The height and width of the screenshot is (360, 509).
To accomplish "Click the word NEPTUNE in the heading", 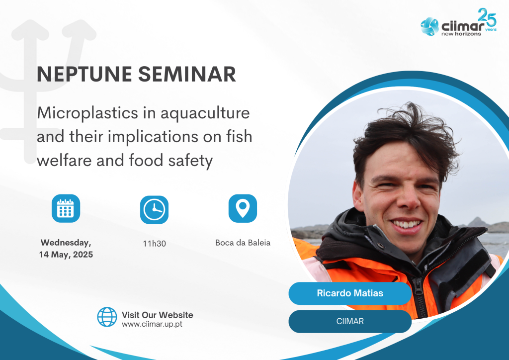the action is pos(85,74).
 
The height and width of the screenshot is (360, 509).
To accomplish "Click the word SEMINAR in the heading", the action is pos(187,74).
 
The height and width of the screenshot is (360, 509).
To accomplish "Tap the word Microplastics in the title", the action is pos(87,113).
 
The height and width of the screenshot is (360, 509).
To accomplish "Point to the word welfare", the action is pos(64,160).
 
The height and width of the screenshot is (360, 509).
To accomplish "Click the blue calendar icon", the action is pos(66,208).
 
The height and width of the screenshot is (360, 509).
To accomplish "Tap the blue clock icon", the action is pos(154,210).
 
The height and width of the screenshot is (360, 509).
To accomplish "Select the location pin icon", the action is pos(243,208).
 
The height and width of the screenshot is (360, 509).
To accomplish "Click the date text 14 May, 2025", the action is pos(66,255).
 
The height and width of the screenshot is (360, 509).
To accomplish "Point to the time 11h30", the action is pos(154,244).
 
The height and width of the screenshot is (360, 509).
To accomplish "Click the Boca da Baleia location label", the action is pos(243,243).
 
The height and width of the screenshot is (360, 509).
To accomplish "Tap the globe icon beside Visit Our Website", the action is pos(107,317).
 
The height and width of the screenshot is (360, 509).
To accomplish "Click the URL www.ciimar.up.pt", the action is pos(152,324).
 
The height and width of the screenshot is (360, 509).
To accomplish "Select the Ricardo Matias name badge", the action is pos(350,293).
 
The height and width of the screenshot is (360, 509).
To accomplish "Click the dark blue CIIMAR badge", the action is pos(350,321).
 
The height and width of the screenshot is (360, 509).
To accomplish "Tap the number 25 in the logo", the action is pos(487,17).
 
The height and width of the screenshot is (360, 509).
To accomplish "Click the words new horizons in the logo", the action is pos(461,34).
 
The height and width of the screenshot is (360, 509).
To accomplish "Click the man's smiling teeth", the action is pos(406,224).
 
